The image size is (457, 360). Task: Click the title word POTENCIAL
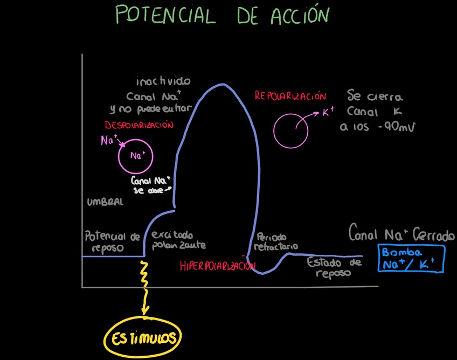click(x=165, y=15)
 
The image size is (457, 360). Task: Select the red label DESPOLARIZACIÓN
click(x=139, y=124)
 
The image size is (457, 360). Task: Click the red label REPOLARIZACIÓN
click(x=290, y=96)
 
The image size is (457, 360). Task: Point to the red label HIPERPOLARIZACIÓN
click(x=217, y=266)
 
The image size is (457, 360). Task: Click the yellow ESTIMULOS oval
click(x=143, y=338)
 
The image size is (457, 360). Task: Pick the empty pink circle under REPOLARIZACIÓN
click(x=290, y=130)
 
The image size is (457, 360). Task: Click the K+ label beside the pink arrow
click(x=329, y=112)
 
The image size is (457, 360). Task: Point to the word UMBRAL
click(x=105, y=202)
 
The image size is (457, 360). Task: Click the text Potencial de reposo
click(x=112, y=242)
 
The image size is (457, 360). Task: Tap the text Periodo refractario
click(x=275, y=241)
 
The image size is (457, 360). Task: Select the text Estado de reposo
click(x=334, y=267)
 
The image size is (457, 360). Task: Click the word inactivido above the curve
click(x=163, y=82)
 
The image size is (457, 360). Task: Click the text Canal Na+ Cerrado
click(x=401, y=235)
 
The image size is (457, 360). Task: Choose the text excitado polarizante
click(x=178, y=240)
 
